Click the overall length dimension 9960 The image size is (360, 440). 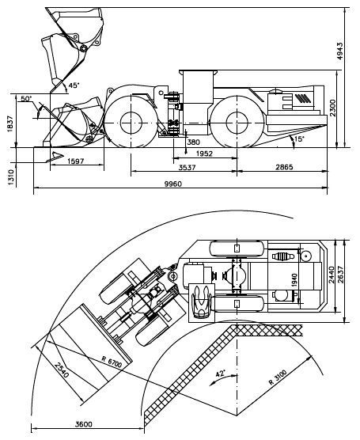tap(173, 184)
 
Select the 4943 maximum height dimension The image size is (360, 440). tap(339, 51)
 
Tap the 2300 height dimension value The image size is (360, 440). tap(333, 108)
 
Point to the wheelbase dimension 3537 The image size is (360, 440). tap(188, 168)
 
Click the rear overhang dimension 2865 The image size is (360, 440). tap(284, 167)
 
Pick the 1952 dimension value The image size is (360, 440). tap(205, 154)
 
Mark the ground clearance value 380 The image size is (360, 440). tap(194, 142)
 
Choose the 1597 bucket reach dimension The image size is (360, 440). tap(76, 161)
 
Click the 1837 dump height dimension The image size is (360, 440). tap(10, 123)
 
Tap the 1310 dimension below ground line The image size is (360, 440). tap(11, 177)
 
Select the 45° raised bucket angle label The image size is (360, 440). tap(74, 85)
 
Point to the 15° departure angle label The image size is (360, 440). tap(299, 138)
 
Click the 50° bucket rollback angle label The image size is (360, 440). tap(27, 98)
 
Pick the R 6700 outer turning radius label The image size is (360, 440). tap(112, 362)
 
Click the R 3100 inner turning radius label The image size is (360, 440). tap(278, 377)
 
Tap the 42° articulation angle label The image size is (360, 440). tap(221, 374)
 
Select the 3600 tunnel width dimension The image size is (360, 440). tap(83, 424)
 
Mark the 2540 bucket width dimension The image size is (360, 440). tap(62, 370)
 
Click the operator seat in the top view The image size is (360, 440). tap(202, 302)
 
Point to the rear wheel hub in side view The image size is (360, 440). tap(237, 123)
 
